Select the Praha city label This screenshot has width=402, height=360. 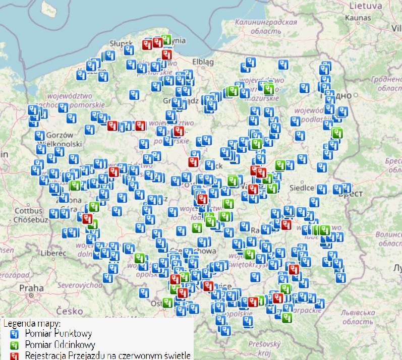click(32, 288)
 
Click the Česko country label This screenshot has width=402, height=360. click(70, 311)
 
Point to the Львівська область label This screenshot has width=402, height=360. click(358, 317)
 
